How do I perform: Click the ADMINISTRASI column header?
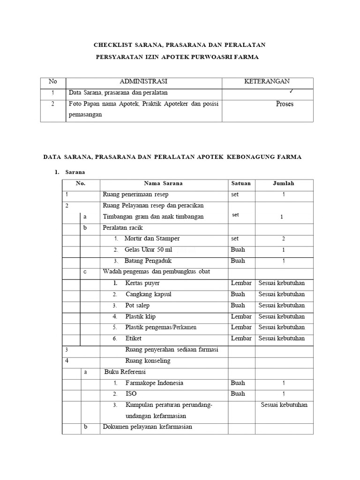click(x=144, y=82)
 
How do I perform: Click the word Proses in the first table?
click(x=284, y=104)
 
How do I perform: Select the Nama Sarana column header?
click(x=164, y=183)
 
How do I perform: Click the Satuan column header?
click(x=241, y=183)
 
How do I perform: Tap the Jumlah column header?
click(x=284, y=183)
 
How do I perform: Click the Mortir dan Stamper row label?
click(x=152, y=239)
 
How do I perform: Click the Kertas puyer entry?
click(x=142, y=283)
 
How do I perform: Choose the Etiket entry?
click(x=134, y=338)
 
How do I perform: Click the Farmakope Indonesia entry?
click(x=154, y=383)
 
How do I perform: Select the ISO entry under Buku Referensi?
click(x=131, y=394)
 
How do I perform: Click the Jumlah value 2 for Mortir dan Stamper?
click(x=283, y=239)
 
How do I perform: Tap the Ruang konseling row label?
click(x=148, y=361)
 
